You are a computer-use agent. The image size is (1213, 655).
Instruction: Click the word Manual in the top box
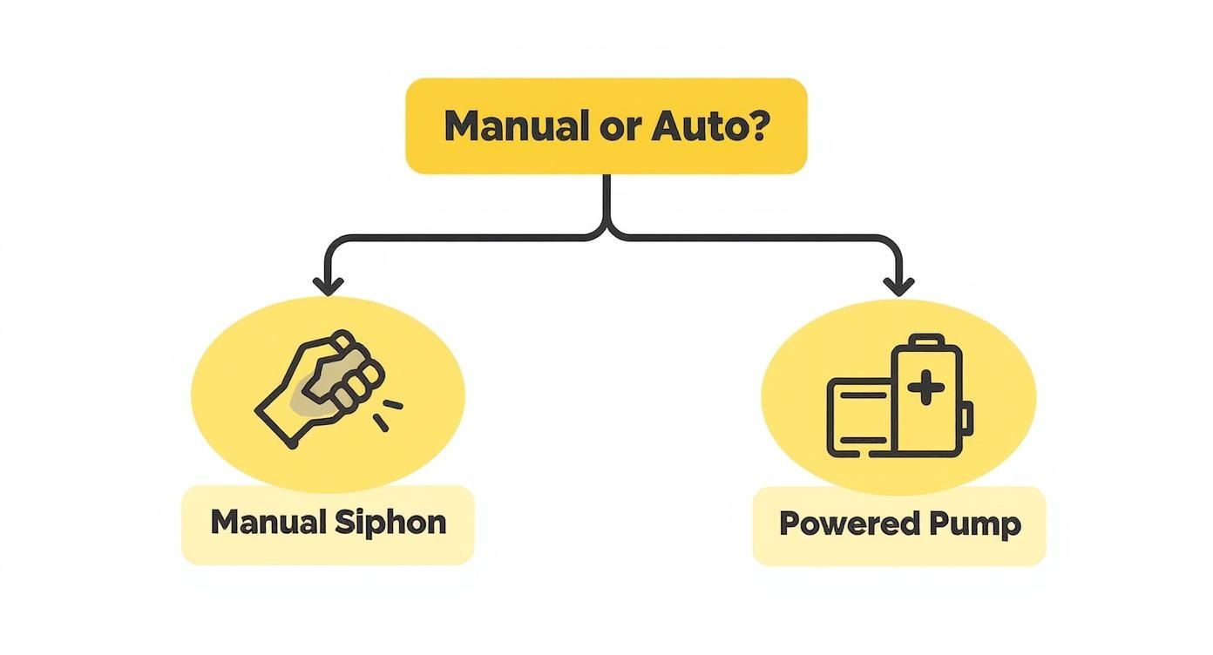pos(511,126)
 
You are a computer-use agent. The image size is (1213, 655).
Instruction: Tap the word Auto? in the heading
pos(710,126)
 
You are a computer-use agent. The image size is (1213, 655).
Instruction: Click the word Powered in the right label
pos(837,523)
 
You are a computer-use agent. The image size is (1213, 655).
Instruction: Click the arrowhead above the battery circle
pos(898,286)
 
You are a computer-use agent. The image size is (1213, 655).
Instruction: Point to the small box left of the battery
pos(859,417)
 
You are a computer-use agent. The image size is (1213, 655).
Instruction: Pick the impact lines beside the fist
pos(389,414)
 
